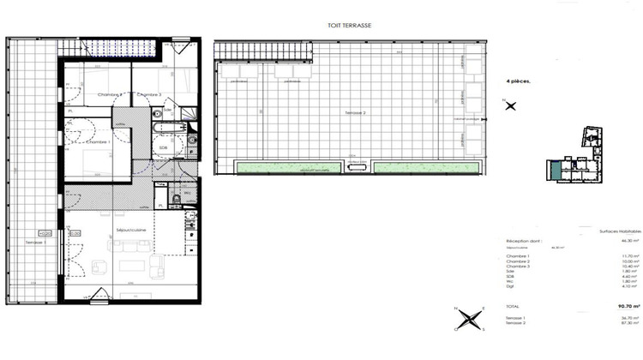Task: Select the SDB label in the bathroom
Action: tap(163, 147)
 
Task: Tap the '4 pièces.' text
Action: tap(518, 81)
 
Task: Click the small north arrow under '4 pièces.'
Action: tap(511, 105)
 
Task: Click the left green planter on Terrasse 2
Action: tap(287, 167)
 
